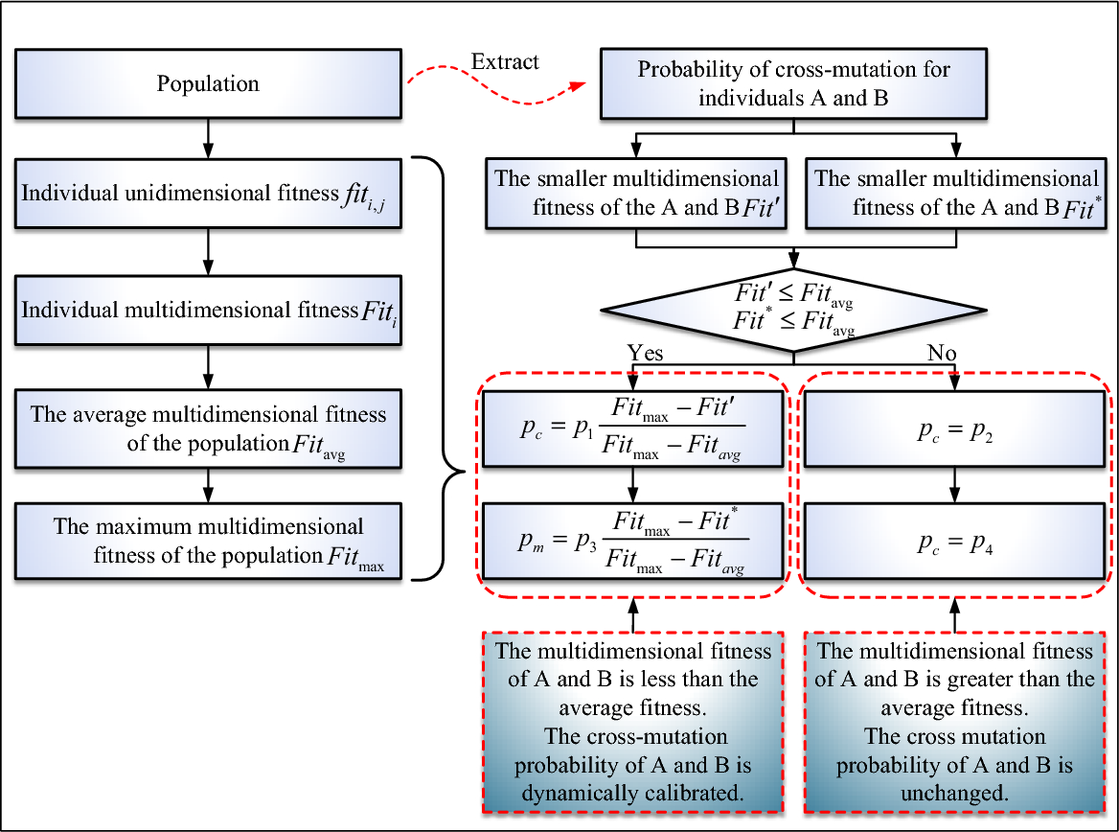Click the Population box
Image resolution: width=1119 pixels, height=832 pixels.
(207, 84)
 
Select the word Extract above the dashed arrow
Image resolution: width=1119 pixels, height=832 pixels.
(505, 62)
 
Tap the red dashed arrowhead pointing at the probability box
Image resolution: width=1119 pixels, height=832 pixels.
(578, 86)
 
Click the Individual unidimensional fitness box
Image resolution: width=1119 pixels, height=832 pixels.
(207, 194)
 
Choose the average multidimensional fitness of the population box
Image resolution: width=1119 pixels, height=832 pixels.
(207, 427)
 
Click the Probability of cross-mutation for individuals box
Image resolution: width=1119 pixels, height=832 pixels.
(793, 84)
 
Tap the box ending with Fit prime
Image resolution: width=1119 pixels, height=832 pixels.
(634, 193)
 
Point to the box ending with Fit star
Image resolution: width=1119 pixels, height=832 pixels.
(954, 193)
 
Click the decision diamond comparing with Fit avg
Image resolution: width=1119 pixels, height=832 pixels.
(793, 309)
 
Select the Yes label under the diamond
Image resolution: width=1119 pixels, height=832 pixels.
(645, 354)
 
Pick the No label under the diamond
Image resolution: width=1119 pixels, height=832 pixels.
(942, 354)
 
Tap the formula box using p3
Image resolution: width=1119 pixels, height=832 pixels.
(633, 542)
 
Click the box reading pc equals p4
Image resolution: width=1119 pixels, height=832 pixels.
(954, 542)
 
